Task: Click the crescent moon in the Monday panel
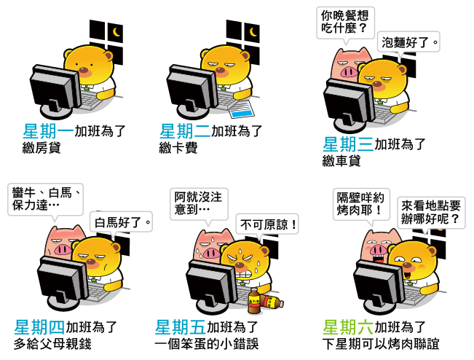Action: pos(116,32)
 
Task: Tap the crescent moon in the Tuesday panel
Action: pos(253,32)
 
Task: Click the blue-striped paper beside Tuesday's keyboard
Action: pos(242,109)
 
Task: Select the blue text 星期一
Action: pos(48,131)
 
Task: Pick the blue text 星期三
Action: pos(348,144)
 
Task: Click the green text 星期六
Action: pos(348,327)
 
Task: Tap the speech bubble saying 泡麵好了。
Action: pos(408,43)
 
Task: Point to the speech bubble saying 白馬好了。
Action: pos(121,223)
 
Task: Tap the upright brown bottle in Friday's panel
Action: pos(254,301)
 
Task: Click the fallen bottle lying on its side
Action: pos(272,302)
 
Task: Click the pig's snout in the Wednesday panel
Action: pos(349,72)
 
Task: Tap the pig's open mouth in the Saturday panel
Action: pos(376,260)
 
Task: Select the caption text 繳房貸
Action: pos(42,148)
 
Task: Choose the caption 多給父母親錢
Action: pos(52,344)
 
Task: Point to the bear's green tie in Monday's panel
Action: pos(87,88)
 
